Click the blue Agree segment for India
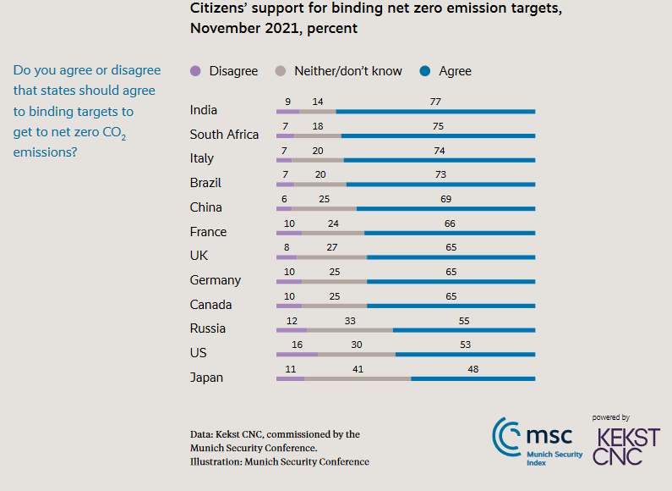tap(435, 111)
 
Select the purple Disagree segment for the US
tap(297, 354)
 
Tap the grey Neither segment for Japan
tap(358, 378)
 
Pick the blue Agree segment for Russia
tap(464, 329)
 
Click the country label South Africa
tap(224, 134)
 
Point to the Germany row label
tap(216, 280)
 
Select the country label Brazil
tap(206, 183)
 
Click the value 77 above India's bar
tap(435, 102)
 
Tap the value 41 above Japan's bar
tap(358, 369)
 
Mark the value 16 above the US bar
tap(297, 345)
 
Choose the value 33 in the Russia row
tap(350, 321)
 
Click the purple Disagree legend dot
tap(197, 71)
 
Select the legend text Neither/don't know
tap(348, 71)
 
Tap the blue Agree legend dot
tap(425, 71)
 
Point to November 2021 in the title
tap(243, 29)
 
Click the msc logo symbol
tap(507, 435)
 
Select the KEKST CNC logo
tap(626, 446)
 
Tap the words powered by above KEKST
tap(611, 417)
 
